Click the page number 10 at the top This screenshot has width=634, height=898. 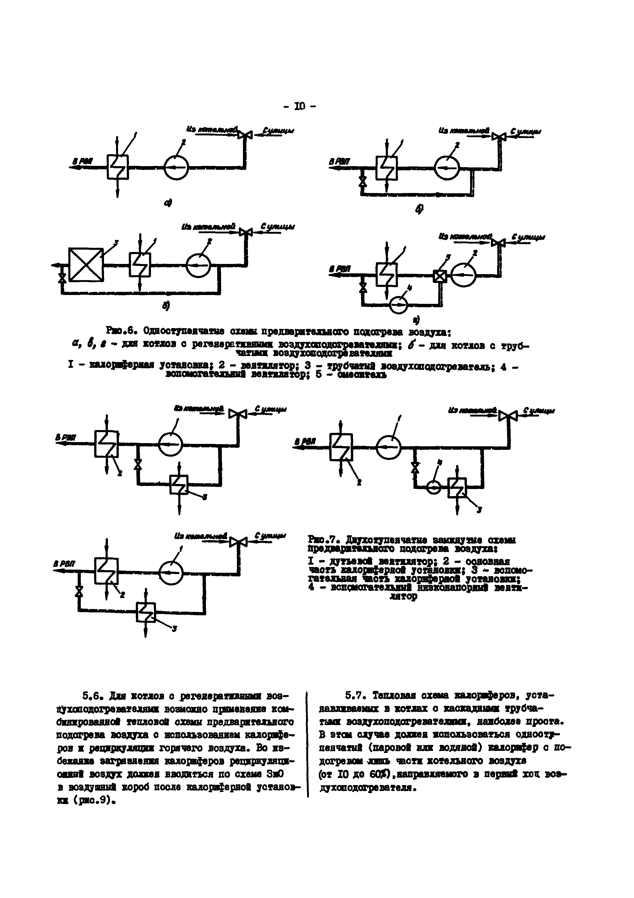click(x=300, y=106)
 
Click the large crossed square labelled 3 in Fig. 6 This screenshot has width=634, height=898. click(x=86, y=264)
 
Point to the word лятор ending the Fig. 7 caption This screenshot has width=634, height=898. click(x=404, y=596)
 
